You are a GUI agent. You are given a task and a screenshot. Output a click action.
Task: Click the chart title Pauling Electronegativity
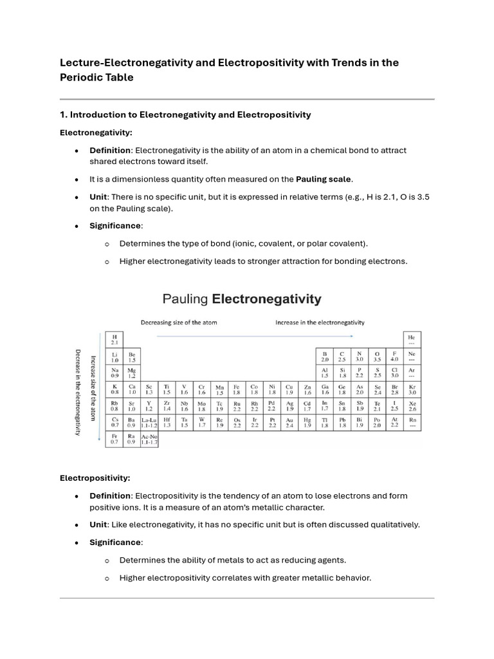[241, 299]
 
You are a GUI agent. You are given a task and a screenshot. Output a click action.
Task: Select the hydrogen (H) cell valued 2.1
[114, 340]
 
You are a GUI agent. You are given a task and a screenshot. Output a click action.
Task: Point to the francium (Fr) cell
[114, 440]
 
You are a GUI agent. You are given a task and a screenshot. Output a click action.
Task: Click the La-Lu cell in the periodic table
[149, 423]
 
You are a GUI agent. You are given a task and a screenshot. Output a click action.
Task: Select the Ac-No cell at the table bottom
[149, 440]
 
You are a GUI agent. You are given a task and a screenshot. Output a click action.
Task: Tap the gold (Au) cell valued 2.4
[289, 423]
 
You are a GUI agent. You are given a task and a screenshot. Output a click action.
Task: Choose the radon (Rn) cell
[412, 423]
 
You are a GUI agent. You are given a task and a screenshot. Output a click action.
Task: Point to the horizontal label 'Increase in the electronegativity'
[320, 322]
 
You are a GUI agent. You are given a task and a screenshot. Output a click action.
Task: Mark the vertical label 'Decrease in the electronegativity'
[78, 392]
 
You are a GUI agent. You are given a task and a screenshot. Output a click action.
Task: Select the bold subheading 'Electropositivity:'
[95, 478]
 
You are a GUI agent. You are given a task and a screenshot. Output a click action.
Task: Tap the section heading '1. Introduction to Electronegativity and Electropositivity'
[185, 115]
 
